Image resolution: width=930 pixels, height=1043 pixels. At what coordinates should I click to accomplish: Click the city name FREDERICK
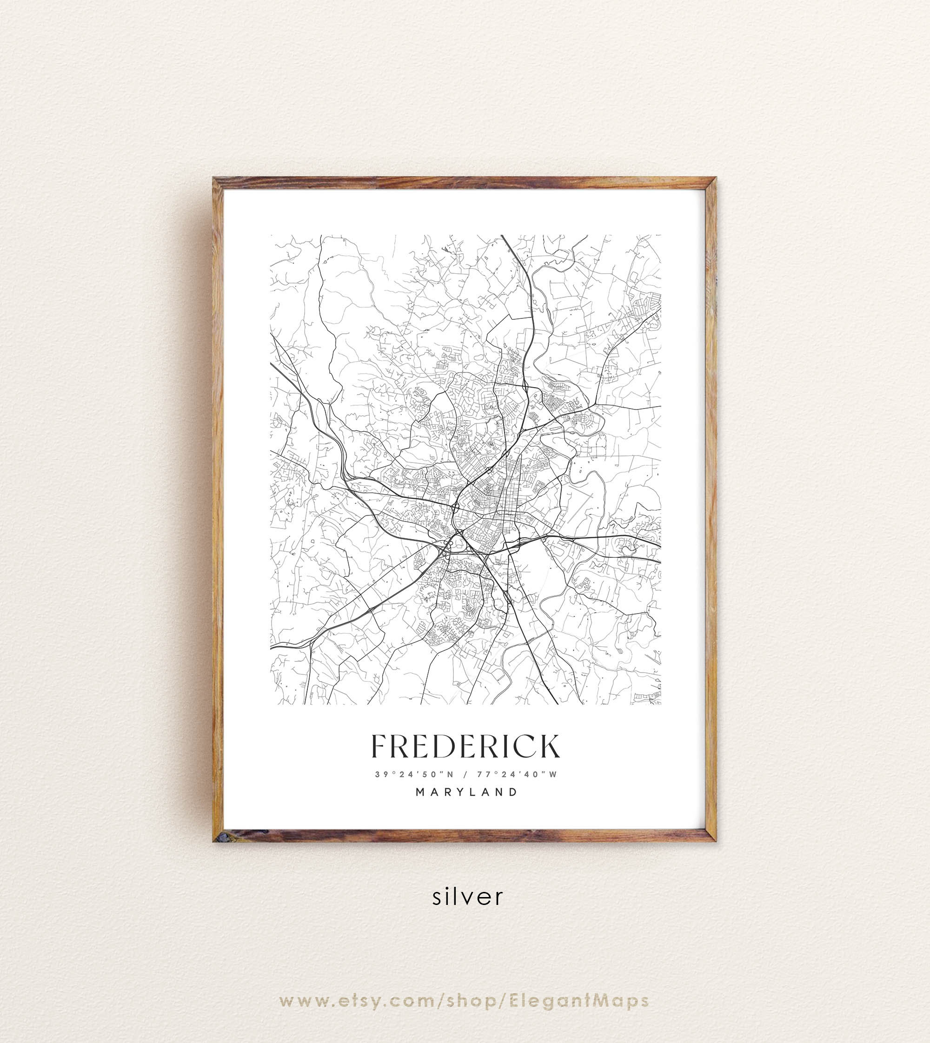point(465,747)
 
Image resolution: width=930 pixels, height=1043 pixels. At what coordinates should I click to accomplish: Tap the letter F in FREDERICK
point(379,747)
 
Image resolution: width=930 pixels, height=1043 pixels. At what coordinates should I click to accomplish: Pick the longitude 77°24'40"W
point(517,774)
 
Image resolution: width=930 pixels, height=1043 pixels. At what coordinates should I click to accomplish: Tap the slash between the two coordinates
point(465,774)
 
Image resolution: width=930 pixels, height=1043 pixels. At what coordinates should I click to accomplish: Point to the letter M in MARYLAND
point(420,792)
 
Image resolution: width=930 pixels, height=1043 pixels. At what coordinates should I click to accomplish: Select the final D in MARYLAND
point(514,792)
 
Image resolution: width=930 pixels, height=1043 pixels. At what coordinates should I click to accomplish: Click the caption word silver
point(467,897)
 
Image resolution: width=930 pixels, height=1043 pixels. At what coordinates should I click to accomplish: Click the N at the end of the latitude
point(450,774)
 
